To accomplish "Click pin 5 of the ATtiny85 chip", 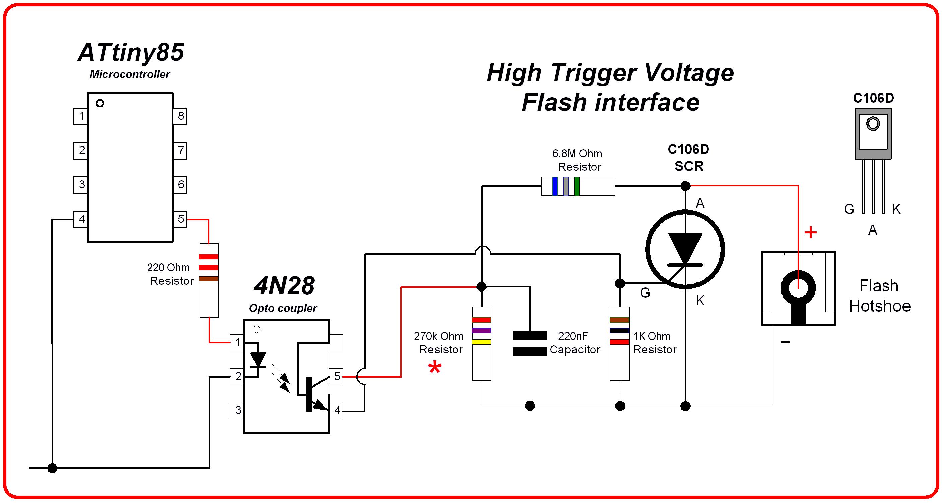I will click(x=180, y=219).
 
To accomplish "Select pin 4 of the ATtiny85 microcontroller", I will click(x=81, y=219).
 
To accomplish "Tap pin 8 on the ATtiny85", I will click(x=180, y=116).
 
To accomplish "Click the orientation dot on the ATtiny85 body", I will click(x=100, y=103).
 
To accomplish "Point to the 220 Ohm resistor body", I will click(x=209, y=280).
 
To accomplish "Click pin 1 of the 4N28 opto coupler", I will click(x=237, y=342).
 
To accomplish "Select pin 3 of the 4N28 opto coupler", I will click(x=237, y=410).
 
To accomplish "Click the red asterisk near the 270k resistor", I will click(x=435, y=368).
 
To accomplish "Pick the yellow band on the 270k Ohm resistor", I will click(x=481, y=342).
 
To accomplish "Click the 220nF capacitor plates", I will click(x=530, y=343).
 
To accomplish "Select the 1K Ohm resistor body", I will click(x=620, y=343).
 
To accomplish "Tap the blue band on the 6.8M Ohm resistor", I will click(x=555, y=186).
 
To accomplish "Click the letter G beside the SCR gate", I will click(x=645, y=293).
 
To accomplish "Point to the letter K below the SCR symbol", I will click(x=700, y=301).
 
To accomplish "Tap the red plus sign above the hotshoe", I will click(x=811, y=233).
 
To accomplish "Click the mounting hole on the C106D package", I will click(x=873, y=124).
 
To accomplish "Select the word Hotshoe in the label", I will click(x=879, y=306).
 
